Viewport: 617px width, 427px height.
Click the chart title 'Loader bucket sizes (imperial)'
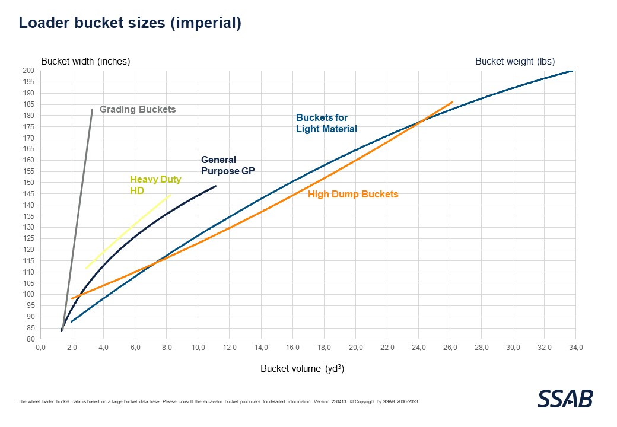[x=130, y=23]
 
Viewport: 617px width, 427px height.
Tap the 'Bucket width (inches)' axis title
[x=85, y=61]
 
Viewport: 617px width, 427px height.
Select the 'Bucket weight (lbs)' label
[x=515, y=61]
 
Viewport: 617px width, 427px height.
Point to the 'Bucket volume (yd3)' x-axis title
[x=303, y=368]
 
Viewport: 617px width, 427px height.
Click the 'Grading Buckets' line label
[x=138, y=110]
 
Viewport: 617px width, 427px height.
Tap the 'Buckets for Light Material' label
[x=326, y=123]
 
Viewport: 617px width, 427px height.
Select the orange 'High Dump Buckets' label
[x=353, y=194]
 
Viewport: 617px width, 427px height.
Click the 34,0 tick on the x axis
[x=575, y=348]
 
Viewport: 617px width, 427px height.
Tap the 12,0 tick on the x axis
[x=230, y=348]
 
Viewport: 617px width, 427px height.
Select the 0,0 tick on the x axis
[x=41, y=348]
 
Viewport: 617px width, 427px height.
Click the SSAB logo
[x=565, y=399]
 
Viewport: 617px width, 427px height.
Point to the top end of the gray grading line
[x=92, y=109]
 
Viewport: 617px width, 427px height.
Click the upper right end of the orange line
[x=453, y=101]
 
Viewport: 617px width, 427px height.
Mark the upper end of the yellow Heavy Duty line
[x=171, y=195]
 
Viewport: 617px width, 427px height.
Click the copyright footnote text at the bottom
[x=219, y=401]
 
